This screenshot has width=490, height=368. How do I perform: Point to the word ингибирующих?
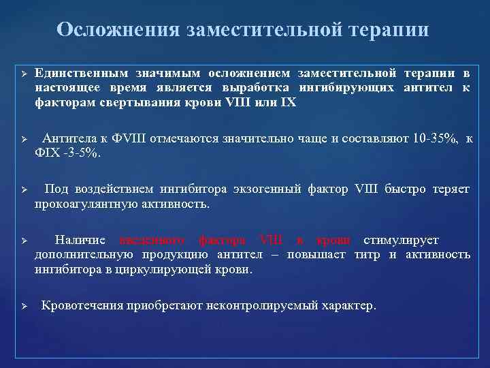[x=346, y=89]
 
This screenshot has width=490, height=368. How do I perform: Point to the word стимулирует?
[x=402, y=240]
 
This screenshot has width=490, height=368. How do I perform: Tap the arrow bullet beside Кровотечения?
[x=22, y=306]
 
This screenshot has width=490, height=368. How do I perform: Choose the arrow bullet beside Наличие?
[x=22, y=240]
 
